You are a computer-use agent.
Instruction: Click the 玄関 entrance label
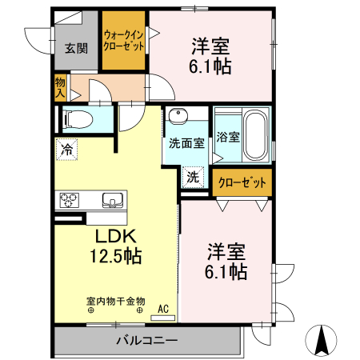77,47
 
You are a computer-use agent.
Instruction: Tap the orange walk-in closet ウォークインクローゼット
124,41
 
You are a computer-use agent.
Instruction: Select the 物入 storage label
60,87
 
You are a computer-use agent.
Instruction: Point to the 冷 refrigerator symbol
66,148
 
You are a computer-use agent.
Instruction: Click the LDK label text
118,237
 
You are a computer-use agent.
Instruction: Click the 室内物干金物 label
116,302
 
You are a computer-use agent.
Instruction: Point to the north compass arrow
322,341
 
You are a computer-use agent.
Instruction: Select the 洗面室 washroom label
186,143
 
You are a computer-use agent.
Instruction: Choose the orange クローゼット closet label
242,182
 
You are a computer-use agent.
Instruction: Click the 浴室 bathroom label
228,137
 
